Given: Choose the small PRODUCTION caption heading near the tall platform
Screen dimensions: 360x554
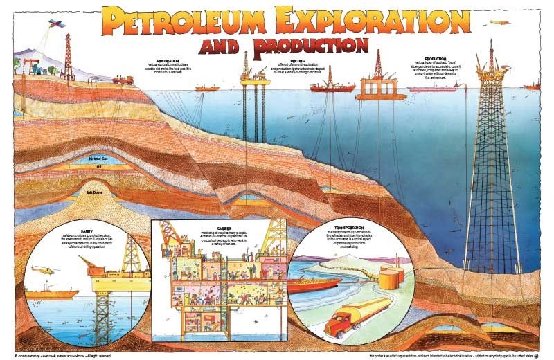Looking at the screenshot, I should [435, 58].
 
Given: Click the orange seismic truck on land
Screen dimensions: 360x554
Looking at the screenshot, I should [123, 80].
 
